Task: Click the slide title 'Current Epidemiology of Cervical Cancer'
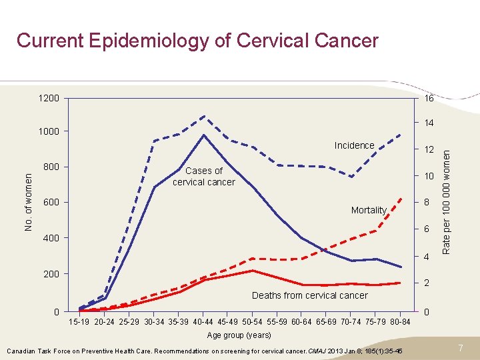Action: pos(197,41)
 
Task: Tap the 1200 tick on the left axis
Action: pos(49,99)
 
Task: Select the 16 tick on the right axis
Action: pos(429,99)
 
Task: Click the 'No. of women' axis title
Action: pos(29,202)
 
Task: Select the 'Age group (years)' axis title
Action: pos(239,335)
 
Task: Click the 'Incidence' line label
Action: pos(354,145)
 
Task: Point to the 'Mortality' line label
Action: pos(369,210)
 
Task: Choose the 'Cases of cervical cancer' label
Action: pos(203,177)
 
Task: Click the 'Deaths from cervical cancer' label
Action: pos(309,295)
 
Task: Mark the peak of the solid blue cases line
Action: pos(204,135)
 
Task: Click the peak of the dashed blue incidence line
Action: pos(204,116)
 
